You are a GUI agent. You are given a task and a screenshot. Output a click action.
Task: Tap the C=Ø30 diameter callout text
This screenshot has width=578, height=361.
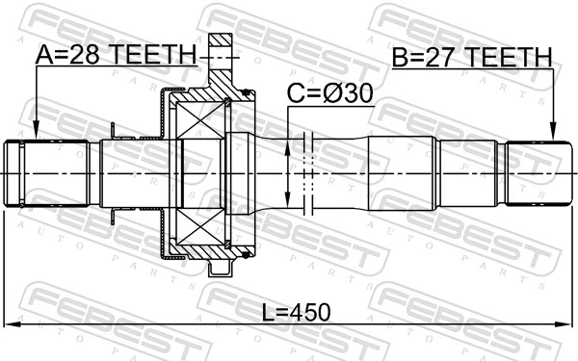pos(329,93)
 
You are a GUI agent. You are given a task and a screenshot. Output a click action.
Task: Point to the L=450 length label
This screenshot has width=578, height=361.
pos(294,311)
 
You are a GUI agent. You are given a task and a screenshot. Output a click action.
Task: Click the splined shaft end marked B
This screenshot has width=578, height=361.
pos(532,173)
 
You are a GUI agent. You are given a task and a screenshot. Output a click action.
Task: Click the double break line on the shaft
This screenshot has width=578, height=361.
pos(308,173)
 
